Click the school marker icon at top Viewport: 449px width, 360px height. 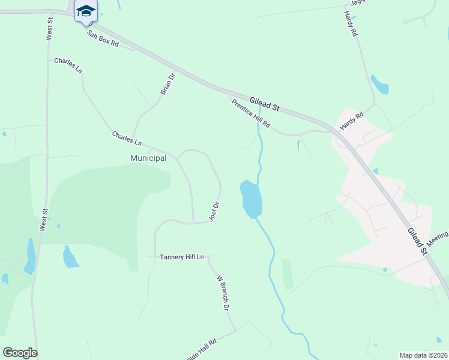pyautogui.click(x=86, y=10)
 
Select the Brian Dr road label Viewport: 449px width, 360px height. pyautogui.click(x=167, y=84)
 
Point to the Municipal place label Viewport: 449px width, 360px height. pyautogui.click(x=148, y=158)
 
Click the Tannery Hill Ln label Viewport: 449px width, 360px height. pyautogui.click(x=182, y=257)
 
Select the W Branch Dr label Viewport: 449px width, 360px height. pyautogui.click(x=223, y=293)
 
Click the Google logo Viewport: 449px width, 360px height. pyautogui.click(x=20, y=353)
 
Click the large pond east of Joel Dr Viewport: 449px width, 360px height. pyautogui.click(x=251, y=199)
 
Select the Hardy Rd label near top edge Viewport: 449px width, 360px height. pyautogui.click(x=351, y=24)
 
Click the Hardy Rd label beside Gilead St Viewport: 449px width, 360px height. pyautogui.click(x=352, y=122)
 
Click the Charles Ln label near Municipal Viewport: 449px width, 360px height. pyautogui.click(x=127, y=139)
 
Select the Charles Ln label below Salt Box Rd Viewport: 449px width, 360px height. pyautogui.click(x=68, y=65)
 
